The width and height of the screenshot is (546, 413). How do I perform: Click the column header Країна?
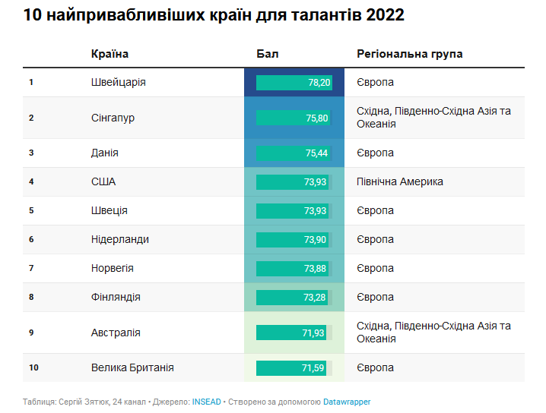point(110,54)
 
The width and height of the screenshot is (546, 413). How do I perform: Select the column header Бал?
point(267,54)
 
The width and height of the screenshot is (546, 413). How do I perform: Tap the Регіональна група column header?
point(409,54)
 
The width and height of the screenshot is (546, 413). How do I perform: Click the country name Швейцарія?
point(118,82)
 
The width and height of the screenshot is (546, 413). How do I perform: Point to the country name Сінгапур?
point(113,118)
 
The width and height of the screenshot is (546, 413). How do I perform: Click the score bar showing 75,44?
point(294,153)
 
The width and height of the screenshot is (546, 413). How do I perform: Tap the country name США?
point(103,181)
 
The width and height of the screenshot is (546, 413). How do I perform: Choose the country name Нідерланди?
point(119,239)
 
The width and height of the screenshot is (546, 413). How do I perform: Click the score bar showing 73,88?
point(294,269)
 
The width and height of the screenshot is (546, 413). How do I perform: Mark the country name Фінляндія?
point(116,297)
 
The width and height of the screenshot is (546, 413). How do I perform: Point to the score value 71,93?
point(314,333)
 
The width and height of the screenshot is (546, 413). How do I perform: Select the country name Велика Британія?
point(132,367)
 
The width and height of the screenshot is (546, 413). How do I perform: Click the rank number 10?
point(33,368)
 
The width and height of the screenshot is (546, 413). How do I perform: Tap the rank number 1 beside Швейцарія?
point(31,83)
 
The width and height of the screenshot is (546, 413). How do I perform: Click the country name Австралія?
point(116,333)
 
